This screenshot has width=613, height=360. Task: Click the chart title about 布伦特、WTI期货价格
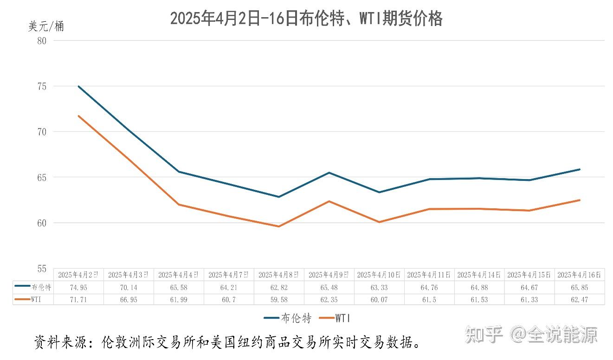306,19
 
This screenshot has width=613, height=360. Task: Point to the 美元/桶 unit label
46,26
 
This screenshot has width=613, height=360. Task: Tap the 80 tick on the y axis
42,40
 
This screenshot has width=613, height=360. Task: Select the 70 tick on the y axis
42,132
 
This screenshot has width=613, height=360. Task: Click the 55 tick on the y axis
42,269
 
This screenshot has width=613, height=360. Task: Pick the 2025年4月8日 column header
279,275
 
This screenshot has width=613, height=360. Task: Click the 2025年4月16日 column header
580,275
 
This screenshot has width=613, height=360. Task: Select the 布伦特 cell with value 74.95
78,287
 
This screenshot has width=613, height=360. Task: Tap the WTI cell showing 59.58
279,299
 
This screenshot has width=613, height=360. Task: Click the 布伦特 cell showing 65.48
329,287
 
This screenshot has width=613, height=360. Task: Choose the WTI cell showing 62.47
580,299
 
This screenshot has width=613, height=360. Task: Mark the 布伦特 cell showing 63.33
379,287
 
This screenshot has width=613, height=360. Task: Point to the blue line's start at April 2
78,86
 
